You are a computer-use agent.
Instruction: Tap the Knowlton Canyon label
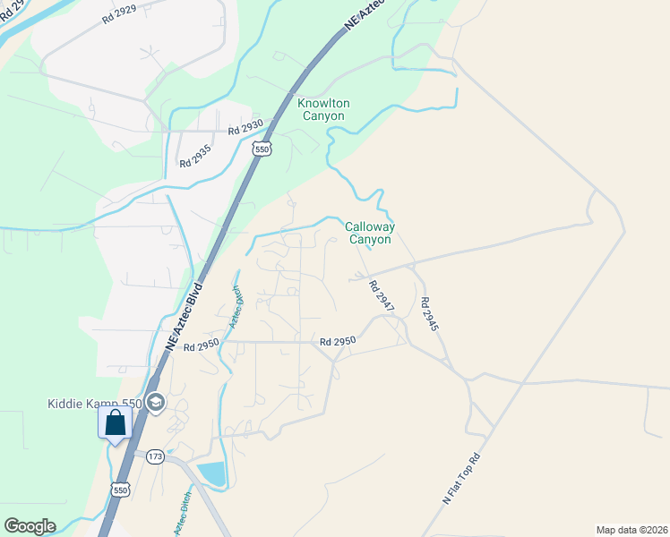(322, 110)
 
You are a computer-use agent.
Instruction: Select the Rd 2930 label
(245, 129)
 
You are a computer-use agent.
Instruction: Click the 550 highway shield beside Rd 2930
(262, 149)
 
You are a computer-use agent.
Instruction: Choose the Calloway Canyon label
(369, 234)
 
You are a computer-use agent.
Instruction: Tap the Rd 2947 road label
(382, 296)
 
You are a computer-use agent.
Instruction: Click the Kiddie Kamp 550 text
(95, 404)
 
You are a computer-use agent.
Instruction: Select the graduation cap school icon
(155, 403)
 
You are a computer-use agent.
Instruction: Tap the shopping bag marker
(116, 422)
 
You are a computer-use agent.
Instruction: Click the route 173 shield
(154, 456)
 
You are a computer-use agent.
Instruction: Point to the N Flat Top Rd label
(462, 482)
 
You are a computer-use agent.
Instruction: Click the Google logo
(30, 526)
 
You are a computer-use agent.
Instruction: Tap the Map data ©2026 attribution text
(631, 530)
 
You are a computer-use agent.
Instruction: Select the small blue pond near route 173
(211, 473)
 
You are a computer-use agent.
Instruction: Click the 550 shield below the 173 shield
(121, 490)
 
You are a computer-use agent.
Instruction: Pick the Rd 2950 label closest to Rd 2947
(339, 341)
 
